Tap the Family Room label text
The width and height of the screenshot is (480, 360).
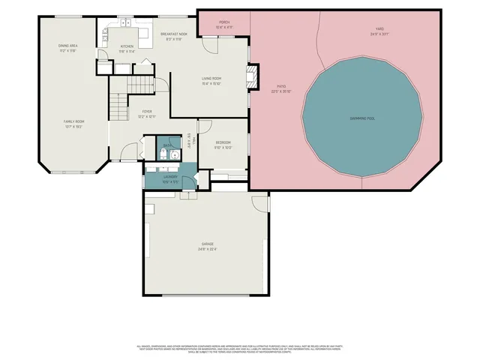pos(73,121)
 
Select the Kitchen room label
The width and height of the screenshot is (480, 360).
pos(127,46)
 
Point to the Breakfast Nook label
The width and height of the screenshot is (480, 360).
pos(173,34)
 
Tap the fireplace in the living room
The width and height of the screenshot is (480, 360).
pos(253,73)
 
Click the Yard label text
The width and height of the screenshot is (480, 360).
pos(379,29)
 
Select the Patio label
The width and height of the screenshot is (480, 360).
pos(280,86)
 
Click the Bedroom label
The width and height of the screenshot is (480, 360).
pos(223,142)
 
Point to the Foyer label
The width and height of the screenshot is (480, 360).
pos(147,111)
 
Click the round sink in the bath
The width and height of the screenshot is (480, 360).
pos(175,156)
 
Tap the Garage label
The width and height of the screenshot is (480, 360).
pos(208,244)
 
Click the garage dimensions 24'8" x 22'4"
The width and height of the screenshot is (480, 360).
pos(208,249)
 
